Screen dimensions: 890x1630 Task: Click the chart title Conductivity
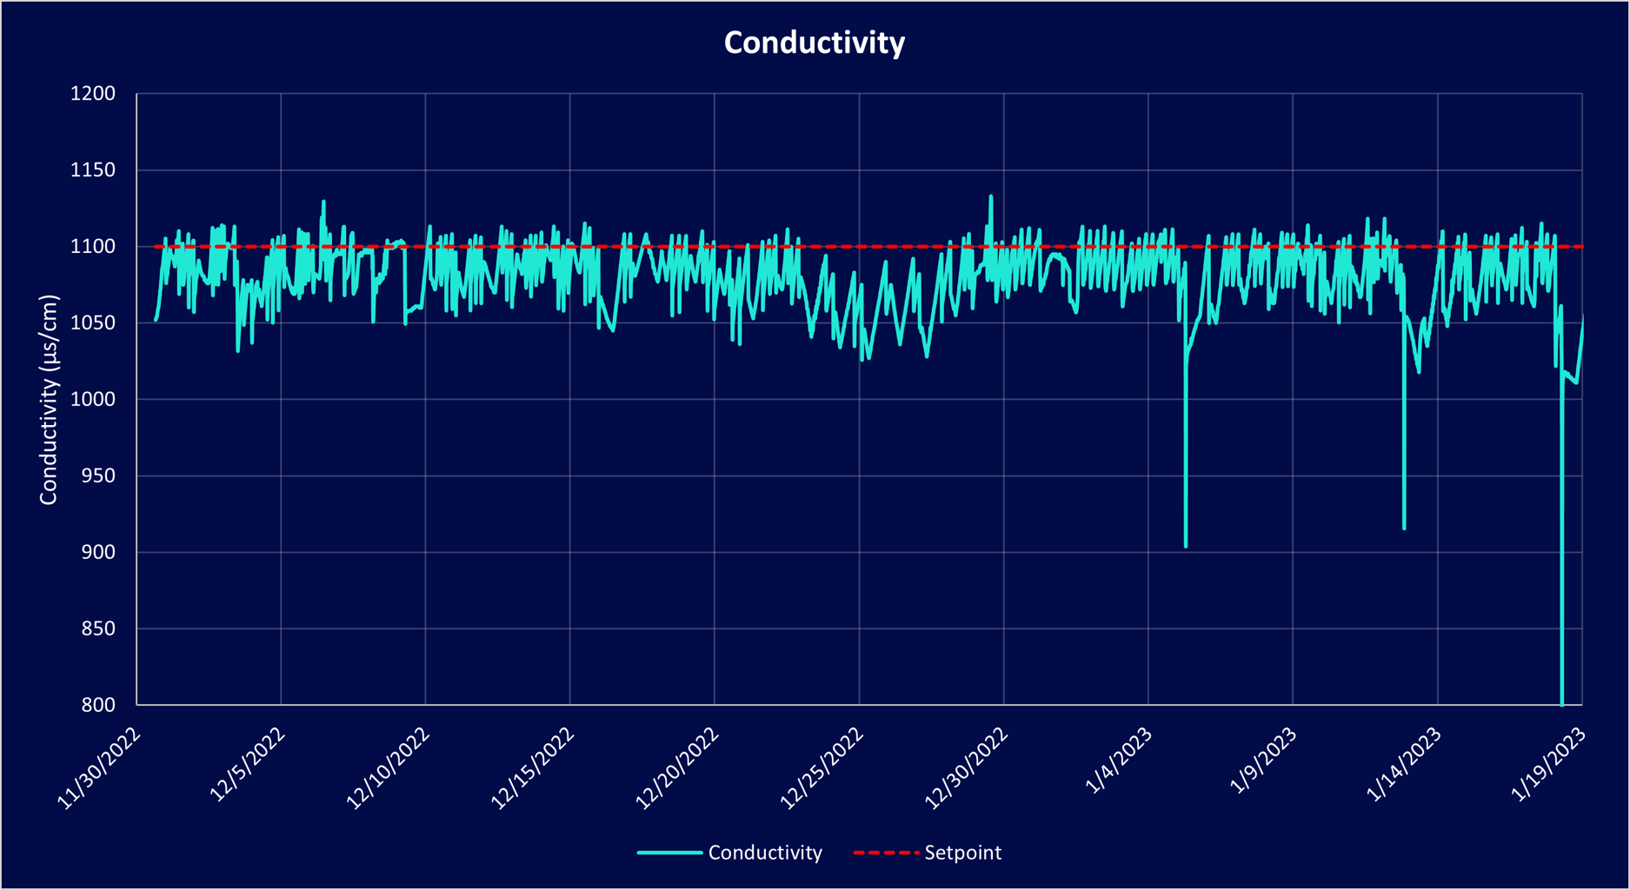pos(815,43)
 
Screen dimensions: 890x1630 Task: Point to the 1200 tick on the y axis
pos(92,94)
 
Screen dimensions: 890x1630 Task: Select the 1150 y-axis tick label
pos(92,170)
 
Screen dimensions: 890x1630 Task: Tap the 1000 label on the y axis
pos(92,400)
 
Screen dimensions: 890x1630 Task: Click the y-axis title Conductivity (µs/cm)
pos(49,400)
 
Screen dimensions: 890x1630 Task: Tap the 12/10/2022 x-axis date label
pos(388,768)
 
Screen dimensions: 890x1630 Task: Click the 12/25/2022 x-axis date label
pos(822,768)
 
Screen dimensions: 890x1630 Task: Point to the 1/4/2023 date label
pos(1119,760)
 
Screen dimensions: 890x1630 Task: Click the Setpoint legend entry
pos(962,853)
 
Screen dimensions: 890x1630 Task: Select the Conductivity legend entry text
pos(765,853)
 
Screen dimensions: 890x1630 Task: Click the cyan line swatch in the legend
pos(669,853)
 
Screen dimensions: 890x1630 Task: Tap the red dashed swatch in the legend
pos(886,853)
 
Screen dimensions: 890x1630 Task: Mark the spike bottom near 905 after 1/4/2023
pos(1186,545)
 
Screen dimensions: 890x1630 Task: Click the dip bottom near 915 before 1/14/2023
pos(1404,528)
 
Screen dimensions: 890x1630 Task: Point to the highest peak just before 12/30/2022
pos(991,197)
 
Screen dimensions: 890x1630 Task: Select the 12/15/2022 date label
pos(532,768)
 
